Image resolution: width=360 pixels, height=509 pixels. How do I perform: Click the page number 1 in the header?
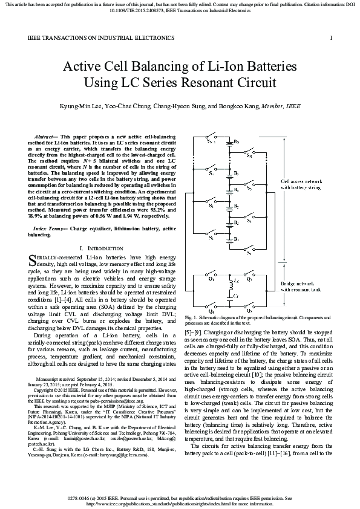pos(332,38)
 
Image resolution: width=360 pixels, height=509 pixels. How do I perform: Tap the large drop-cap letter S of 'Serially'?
pos(33,261)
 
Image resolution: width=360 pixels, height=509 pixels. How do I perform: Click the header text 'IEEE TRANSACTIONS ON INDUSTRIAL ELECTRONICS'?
pos(101,38)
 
